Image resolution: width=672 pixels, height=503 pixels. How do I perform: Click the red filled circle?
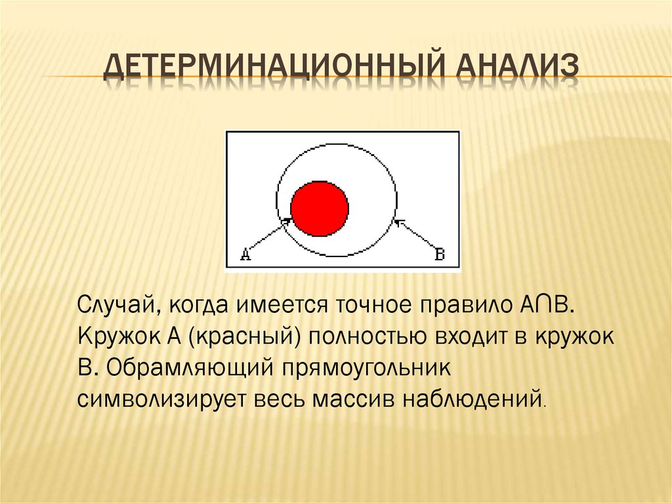pos(320,209)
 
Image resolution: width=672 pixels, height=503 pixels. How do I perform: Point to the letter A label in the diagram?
pos(245,254)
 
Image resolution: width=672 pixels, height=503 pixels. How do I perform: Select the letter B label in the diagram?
pos(440,254)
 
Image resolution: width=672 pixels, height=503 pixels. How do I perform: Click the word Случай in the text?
pos(115,306)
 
